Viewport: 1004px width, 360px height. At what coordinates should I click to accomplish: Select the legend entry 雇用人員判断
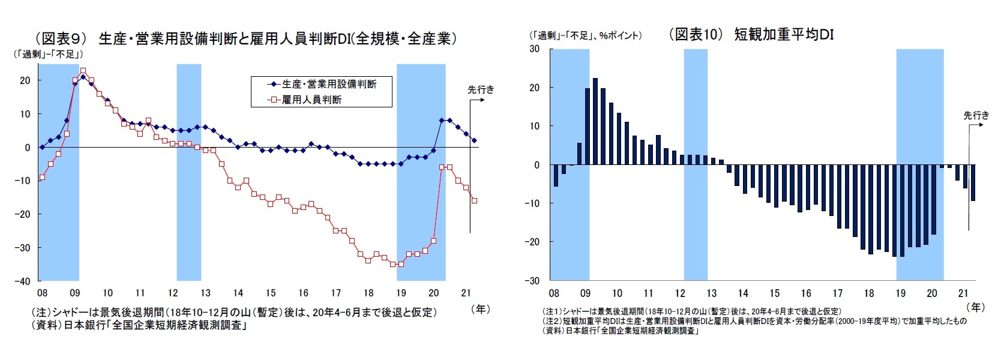311,100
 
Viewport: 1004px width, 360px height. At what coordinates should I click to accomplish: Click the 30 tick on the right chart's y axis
534,49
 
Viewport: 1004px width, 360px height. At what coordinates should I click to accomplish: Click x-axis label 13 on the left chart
205,293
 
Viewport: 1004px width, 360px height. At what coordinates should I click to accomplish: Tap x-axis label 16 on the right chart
806,293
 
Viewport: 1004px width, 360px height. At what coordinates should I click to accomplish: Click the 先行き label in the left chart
481,89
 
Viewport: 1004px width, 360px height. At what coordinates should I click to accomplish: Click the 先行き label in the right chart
976,115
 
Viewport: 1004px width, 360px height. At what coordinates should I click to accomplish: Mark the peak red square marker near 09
83,71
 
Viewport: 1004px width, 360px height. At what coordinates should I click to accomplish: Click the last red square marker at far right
474,200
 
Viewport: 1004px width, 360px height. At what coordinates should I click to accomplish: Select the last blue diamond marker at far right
474,140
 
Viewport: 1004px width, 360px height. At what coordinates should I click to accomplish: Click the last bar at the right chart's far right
973,183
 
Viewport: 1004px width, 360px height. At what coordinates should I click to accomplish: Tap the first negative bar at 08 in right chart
556,175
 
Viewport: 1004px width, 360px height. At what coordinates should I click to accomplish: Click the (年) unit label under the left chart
480,309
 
